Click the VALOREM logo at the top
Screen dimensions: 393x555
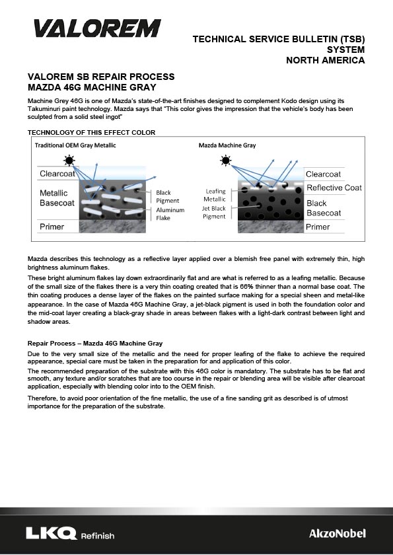tap(97, 28)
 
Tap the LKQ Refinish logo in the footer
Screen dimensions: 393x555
tap(70, 533)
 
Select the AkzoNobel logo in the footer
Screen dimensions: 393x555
tap(338, 533)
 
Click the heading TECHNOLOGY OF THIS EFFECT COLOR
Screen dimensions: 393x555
tap(91, 132)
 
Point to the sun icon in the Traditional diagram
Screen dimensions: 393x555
tap(69, 161)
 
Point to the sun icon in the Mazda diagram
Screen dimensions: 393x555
tap(225, 161)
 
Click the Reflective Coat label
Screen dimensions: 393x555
tap(334, 188)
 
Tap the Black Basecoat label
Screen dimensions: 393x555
tap(324, 208)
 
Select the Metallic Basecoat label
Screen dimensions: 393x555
tap(57, 198)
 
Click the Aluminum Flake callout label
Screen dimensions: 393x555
tap(170, 214)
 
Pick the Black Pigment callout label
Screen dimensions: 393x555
tap(167, 197)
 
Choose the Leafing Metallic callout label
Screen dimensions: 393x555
tap(215, 195)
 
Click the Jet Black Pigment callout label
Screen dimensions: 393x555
tap(213, 212)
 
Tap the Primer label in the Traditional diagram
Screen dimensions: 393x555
tap(52, 227)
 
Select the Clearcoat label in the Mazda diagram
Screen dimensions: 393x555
tap(323, 174)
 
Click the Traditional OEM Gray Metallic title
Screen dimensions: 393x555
tap(75, 145)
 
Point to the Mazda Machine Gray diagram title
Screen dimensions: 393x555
tap(227, 145)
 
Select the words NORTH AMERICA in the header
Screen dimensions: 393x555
tap(326, 60)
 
